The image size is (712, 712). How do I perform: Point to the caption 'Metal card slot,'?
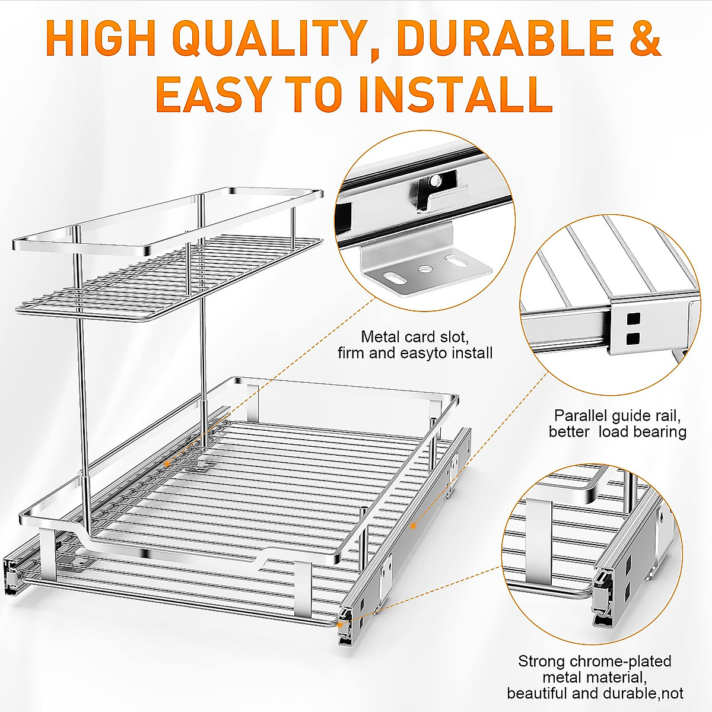415,337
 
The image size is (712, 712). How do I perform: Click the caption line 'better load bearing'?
617,432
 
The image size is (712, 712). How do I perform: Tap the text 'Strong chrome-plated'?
595,661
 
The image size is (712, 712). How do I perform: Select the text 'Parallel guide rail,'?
617,415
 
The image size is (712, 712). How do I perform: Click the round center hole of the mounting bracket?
424,269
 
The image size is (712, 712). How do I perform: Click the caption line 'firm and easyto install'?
415,354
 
